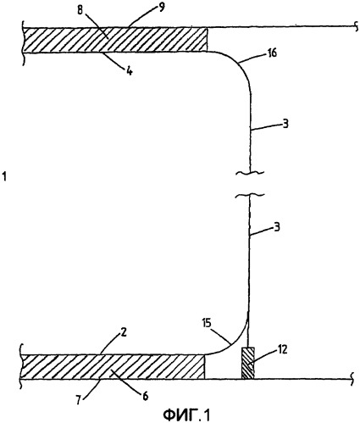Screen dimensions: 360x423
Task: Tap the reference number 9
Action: click(x=161, y=8)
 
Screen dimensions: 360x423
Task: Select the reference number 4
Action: click(x=130, y=71)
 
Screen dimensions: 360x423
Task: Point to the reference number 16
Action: click(x=273, y=53)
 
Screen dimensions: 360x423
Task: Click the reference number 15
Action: click(x=208, y=323)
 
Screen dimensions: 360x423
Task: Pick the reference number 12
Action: click(x=283, y=349)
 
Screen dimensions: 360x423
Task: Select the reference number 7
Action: click(x=79, y=399)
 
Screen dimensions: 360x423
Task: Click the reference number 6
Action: click(x=145, y=396)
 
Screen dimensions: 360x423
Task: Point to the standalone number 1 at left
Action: click(x=4, y=177)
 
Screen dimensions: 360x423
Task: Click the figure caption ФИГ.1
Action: click(x=186, y=415)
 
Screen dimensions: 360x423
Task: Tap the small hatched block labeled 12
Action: click(x=248, y=363)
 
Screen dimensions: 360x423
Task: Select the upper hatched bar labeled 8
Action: click(x=114, y=40)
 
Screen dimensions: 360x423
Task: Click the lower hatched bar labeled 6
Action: click(x=113, y=366)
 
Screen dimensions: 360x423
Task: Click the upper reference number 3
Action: click(x=285, y=124)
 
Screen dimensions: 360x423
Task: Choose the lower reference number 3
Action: click(x=277, y=227)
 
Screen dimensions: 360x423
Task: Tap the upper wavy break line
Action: click(x=250, y=173)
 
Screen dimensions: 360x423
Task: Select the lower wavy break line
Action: click(x=250, y=195)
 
